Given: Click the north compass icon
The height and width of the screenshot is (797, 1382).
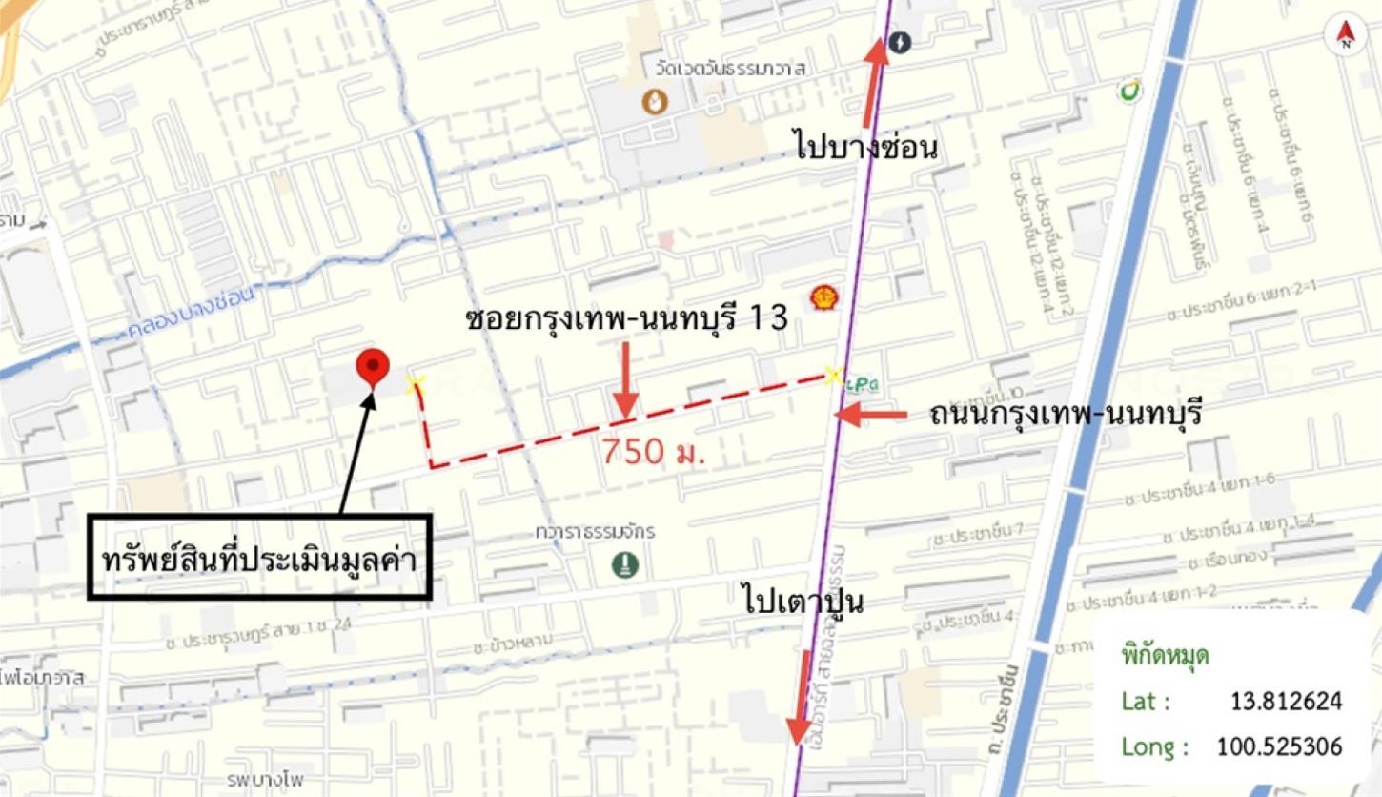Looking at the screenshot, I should pos(1345,34).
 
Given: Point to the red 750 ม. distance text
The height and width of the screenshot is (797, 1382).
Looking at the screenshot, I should pos(653,452).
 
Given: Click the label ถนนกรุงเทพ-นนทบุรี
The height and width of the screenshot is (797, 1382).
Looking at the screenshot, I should pos(1065,416).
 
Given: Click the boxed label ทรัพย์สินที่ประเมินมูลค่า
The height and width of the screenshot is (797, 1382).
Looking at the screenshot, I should pos(260,558).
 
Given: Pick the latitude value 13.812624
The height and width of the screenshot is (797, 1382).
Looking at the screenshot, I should pos(1286,702).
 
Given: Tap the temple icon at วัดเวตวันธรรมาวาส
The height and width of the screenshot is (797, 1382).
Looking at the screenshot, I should pos(654,100).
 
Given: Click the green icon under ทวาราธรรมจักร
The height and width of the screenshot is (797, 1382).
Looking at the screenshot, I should pos(625,565).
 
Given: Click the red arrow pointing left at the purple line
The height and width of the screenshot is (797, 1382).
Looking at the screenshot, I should pos(872,415).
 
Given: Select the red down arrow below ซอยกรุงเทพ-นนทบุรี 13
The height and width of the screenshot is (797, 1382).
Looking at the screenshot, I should pos(624,381).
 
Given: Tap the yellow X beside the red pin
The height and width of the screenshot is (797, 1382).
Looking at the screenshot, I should pos(415,384).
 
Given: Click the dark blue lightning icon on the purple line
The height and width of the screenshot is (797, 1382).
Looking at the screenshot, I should pos(899,43).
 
